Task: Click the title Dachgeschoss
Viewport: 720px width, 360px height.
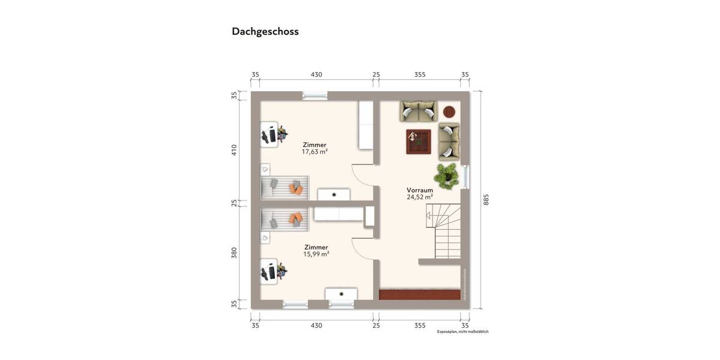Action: [265, 32]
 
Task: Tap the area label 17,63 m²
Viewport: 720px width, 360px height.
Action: [314, 152]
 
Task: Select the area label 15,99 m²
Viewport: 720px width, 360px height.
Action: [316, 254]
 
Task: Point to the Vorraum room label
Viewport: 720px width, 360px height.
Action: [419, 190]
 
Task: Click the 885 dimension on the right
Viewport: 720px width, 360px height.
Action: [486, 199]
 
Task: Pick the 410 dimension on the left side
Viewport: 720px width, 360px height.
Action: [234, 149]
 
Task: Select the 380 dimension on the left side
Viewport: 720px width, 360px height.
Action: [234, 253]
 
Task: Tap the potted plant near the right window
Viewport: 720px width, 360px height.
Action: [448, 174]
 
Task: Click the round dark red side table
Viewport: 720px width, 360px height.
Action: [449, 111]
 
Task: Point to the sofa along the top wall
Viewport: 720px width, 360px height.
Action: [418, 111]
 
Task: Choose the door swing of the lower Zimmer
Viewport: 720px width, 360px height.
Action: [362, 247]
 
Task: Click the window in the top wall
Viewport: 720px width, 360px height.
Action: [314, 95]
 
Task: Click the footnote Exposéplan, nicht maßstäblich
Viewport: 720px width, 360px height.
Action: [463, 331]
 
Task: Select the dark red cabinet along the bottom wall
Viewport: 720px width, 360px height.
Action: [421, 293]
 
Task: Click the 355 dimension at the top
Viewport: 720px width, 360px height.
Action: [419, 74]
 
